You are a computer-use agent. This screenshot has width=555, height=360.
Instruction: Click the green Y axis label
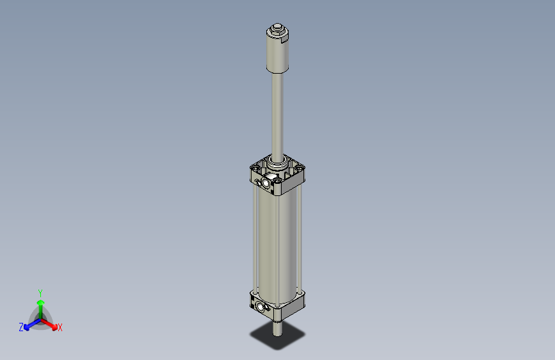pyautogui.click(x=40, y=292)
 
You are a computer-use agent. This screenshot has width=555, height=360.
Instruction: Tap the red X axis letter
pyautogui.click(x=60, y=328)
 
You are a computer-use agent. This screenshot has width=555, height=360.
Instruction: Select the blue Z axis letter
pyautogui.click(x=21, y=327)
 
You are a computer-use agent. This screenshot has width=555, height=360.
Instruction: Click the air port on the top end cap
pyautogui.click(x=264, y=184)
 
